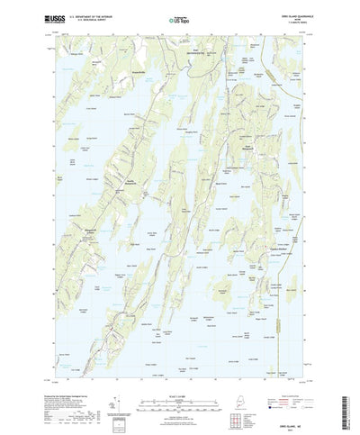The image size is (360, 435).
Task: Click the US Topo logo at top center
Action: [179, 16]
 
